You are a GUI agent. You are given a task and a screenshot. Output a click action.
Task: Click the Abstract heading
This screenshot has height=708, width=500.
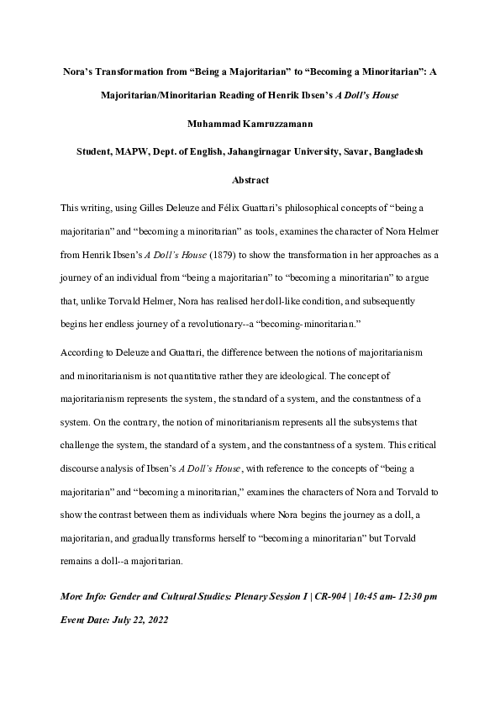250,179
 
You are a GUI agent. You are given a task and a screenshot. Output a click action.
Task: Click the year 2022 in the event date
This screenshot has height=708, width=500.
168,615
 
